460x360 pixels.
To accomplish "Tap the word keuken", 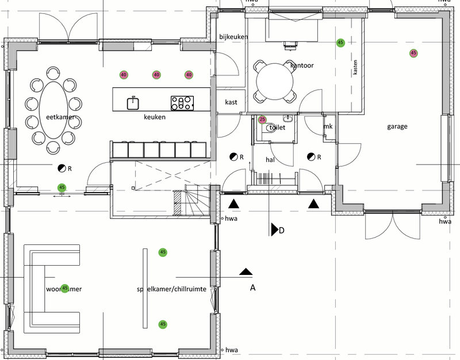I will (x=155, y=117).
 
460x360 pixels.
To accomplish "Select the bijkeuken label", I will (x=233, y=37).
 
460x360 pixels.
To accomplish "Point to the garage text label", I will (x=397, y=127).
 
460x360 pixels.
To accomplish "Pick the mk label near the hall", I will (x=328, y=127).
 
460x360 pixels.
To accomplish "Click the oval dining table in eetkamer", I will (x=53, y=109).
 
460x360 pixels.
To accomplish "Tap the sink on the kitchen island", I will (x=133, y=103).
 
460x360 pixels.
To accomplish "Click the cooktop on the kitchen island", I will (x=182, y=103).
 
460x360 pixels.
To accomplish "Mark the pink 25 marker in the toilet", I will (x=262, y=120).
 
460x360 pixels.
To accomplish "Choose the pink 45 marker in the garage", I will (x=413, y=53).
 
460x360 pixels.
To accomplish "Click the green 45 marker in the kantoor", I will (x=340, y=43).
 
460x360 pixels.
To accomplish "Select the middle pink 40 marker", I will (x=156, y=75).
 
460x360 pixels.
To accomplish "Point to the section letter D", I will (x=282, y=231).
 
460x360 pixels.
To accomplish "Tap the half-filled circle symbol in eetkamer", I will (x=62, y=168).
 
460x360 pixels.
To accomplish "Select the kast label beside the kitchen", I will (x=232, y=102).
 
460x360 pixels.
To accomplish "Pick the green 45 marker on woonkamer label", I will (x=65, y=288).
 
